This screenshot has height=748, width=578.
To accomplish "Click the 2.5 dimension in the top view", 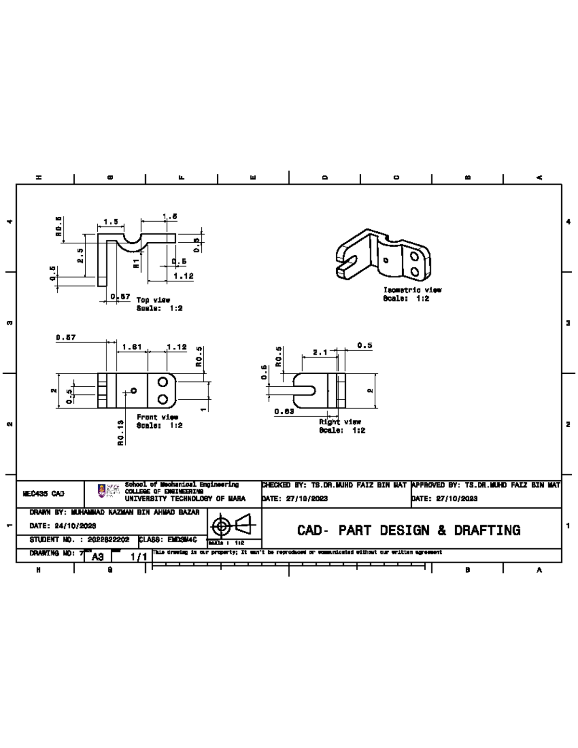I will [80, 255].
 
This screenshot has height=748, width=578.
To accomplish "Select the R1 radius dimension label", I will [136, 263].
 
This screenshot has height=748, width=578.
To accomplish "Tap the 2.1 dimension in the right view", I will [320, 353].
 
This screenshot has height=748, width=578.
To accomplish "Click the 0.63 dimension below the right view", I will [284, 411].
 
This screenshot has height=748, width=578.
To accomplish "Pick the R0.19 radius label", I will [120, 432].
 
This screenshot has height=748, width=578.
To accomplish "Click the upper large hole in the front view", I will [163, 382].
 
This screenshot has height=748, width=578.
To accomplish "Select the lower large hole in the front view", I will [163, 399].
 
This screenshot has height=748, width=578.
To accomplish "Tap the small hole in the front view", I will [134, 391].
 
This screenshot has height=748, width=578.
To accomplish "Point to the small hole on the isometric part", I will [385, 260].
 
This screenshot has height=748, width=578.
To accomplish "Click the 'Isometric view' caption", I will [412, 290].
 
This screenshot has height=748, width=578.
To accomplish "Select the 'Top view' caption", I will [153, 300].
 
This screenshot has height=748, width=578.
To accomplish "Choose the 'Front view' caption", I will [158, 417].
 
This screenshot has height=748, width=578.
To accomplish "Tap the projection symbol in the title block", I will [234, 525].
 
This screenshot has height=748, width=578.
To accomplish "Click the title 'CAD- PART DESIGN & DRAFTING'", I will [408, 530].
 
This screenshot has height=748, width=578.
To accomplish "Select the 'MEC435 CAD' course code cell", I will [44, 494].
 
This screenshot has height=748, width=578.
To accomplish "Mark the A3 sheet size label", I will [98, 557].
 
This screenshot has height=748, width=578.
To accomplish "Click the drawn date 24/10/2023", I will [63, 525].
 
